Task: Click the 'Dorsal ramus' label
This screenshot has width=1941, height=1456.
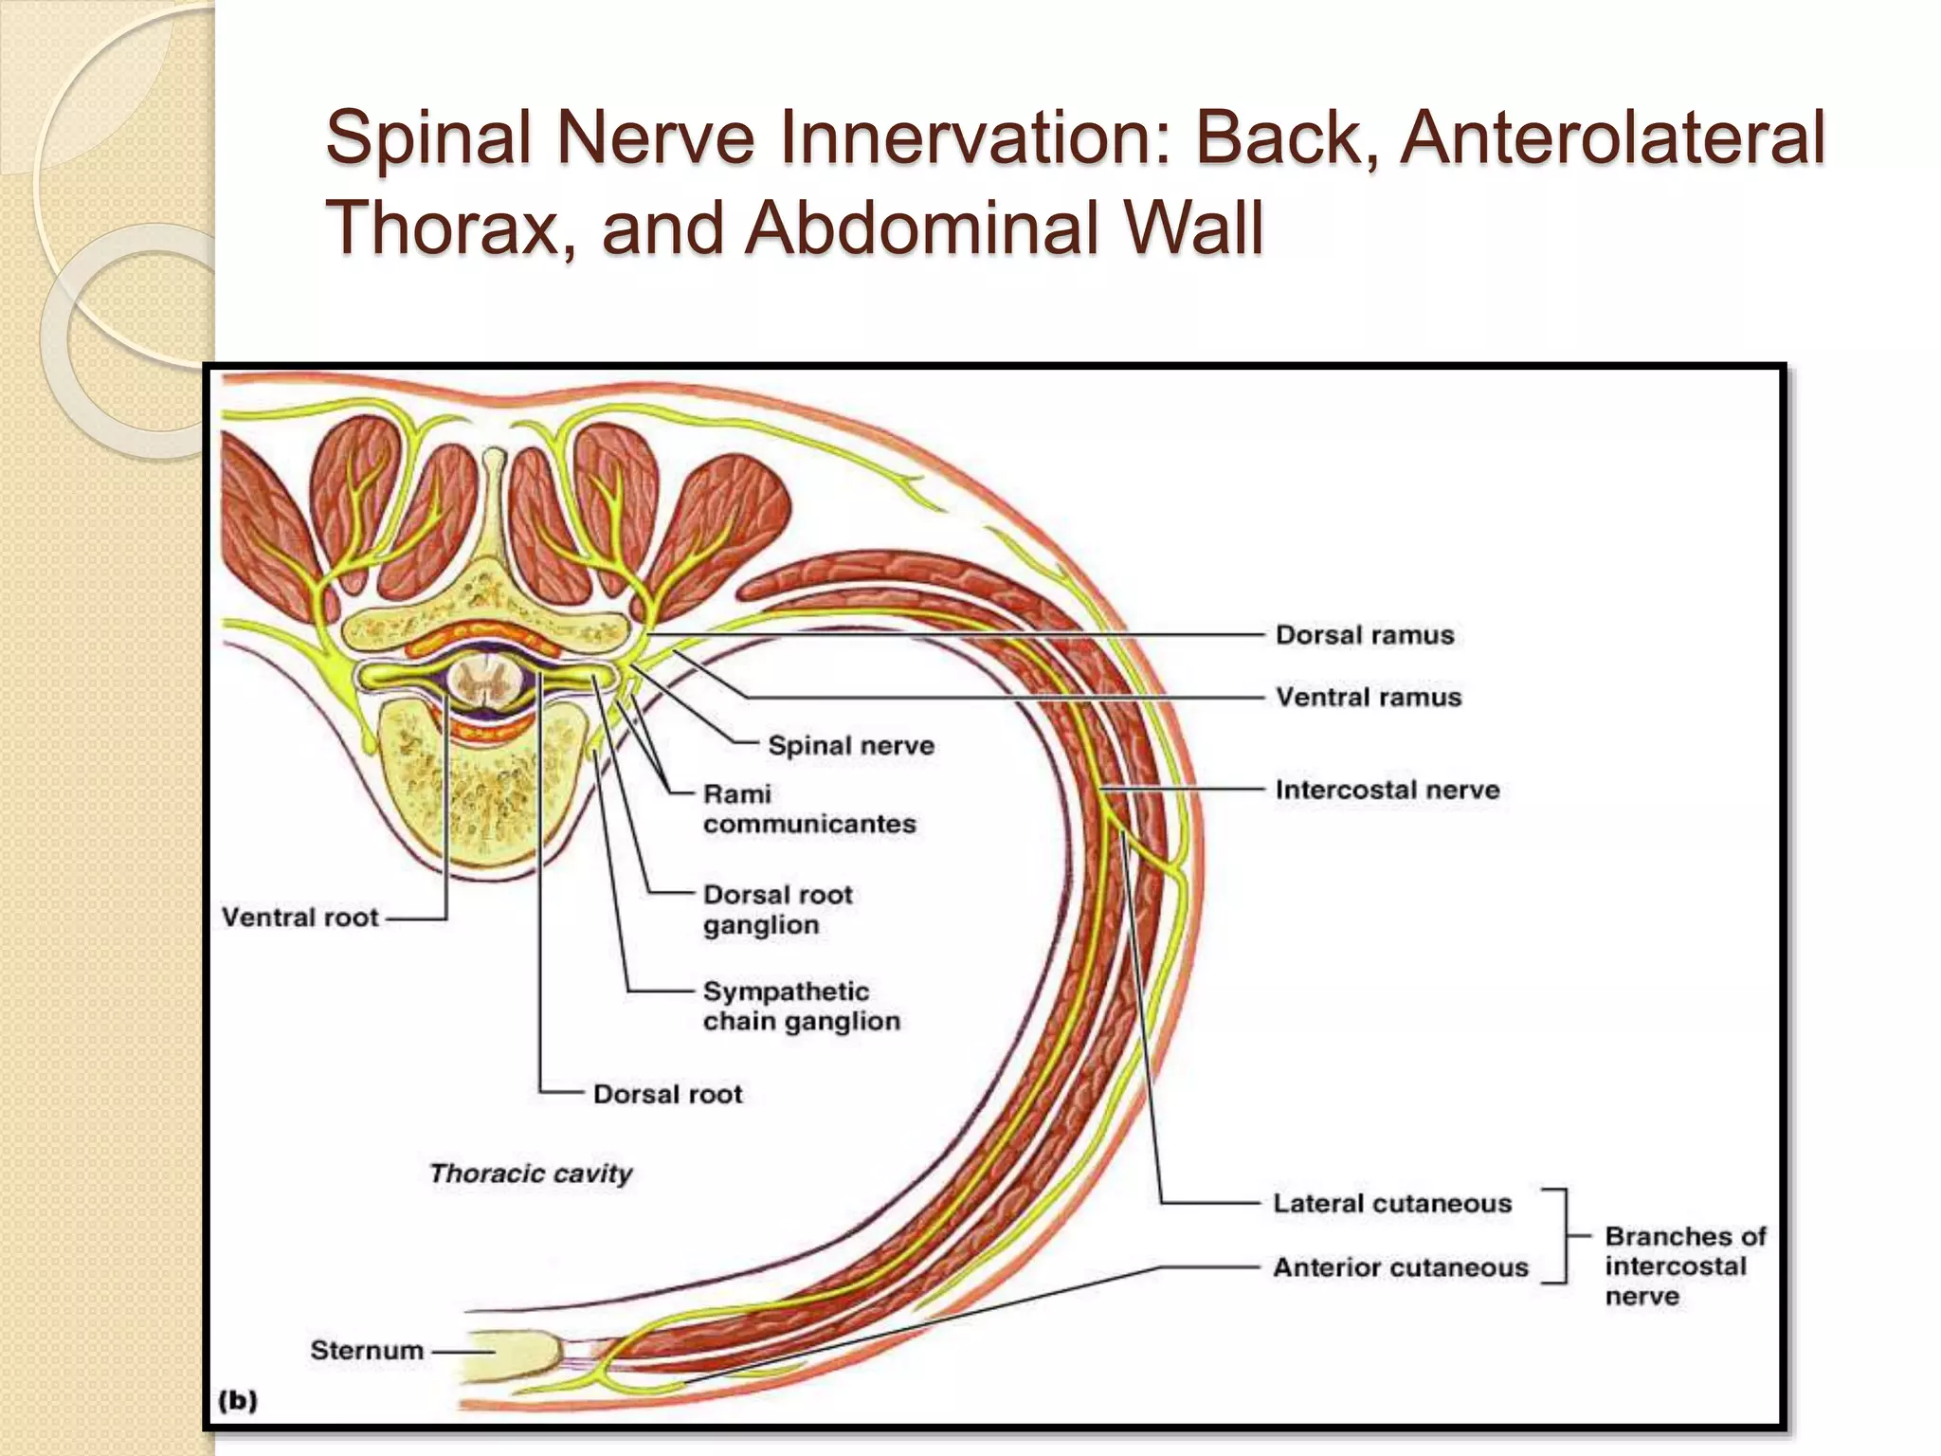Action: click(1364, 635)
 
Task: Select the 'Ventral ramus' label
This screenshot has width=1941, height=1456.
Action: click(1368, 698)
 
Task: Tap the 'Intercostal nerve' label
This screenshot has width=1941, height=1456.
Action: click(1387, 791)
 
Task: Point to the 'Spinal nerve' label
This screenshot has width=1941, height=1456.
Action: click(850, 746)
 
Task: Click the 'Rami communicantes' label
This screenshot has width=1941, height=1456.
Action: click(808, 809)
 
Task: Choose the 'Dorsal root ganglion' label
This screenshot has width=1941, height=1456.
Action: click(777, 910)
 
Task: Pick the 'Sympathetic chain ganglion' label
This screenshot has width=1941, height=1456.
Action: click(801, 1007)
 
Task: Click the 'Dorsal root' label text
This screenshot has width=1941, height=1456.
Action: click(667, 1095)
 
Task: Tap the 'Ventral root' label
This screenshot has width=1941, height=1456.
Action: click(299, 918)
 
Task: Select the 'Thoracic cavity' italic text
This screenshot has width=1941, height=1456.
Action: click(531, 1174)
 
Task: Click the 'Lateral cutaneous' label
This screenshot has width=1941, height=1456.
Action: click(1391, 1204)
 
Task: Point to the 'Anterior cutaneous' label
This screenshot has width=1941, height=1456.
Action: click(1400, 1267)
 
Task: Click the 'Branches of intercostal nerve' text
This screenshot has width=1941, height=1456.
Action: click(1684, 1266)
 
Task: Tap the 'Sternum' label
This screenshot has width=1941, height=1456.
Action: click(367, 1350)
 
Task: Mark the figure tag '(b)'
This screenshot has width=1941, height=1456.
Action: click(237, 1400)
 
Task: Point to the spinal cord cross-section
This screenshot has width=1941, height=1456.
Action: click(485, 684)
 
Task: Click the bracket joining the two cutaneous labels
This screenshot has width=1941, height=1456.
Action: click(1562, 1235)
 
